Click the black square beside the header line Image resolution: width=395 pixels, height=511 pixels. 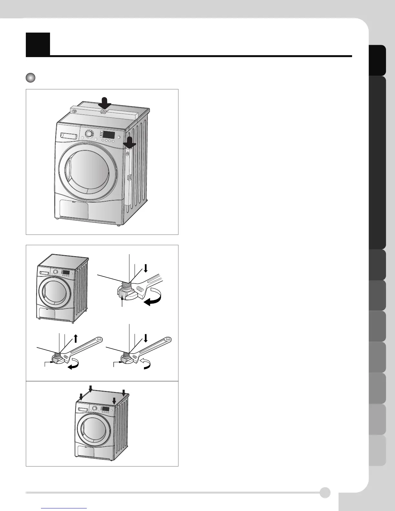pos(38,44)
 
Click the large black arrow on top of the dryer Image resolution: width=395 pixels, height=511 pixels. pos(104,104)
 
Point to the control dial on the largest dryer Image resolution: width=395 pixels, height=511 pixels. pos(88,134)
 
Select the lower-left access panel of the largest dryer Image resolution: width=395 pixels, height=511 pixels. pos(74,209)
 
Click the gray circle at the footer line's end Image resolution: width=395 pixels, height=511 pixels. pos(325,493)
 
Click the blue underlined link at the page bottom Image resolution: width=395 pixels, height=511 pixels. pos(65,508)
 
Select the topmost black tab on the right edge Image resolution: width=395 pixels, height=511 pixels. pos(378,60)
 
